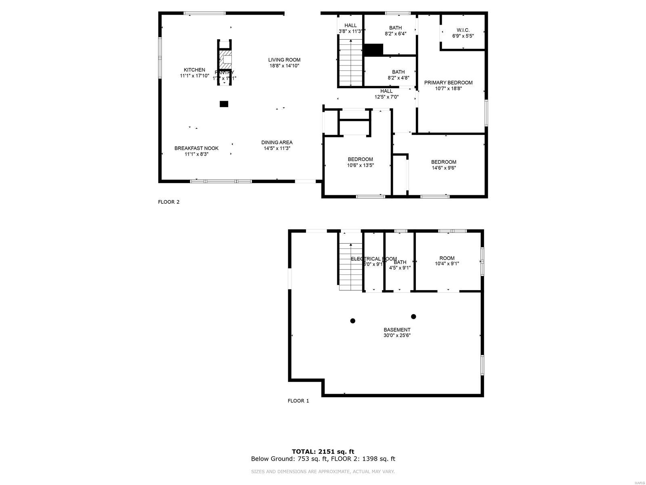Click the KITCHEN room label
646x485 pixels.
[x=194, y=70]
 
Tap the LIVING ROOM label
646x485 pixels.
[x=284, y=60]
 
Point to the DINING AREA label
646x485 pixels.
[x=277, y=142]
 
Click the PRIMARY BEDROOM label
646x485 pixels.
[x=448, y=82]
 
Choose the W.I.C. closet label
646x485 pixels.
[x=463, y=30]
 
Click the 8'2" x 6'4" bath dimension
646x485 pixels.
[x=395, y=34]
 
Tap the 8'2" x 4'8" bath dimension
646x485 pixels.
[x=398, y=78]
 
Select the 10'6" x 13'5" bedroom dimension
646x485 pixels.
[x=360, y=165]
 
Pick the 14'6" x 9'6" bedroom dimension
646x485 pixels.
[x=443, y=168]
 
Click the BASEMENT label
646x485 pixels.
[x=397, y=330]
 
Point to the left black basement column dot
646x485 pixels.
[x=352, y=321]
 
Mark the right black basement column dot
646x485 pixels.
[x=413, y=316]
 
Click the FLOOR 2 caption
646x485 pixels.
[x=168, y=202]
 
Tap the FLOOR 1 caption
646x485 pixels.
[x=298, y=401]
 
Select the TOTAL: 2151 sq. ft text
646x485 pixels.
[x=323, y=451]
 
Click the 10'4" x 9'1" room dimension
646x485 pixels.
[x=447, y=264]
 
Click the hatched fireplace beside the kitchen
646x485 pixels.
[x=225, y=60]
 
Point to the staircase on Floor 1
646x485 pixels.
[x=350, y=267]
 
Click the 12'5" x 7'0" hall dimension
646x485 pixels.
[x=386, y=97]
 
